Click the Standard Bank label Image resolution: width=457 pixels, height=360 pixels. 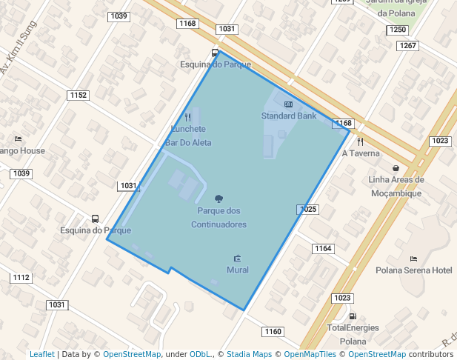click(289, 116)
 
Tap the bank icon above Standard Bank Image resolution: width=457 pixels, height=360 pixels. click(288, 104)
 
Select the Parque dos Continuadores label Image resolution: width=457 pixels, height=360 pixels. click(219, 218)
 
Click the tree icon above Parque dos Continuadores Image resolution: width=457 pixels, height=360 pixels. click(219, 199)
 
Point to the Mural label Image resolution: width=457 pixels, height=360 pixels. click(237, 270)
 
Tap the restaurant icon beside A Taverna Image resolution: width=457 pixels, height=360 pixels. click(360, 141)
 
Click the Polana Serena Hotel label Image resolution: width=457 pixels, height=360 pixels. click(413, 271)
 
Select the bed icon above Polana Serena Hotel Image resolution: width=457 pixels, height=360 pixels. click(413, 259)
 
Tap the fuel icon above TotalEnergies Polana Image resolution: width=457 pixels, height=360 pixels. click(353, 316)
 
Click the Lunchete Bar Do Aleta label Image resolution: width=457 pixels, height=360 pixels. click(187, 136)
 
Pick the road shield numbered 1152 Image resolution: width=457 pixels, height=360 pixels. click(78, 95)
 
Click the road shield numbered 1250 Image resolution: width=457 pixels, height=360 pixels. click(398, 30)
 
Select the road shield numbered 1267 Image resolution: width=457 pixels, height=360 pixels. click(407, 46)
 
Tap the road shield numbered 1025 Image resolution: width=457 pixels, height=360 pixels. click(308, 210)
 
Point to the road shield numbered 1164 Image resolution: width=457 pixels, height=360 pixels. click(323, 248)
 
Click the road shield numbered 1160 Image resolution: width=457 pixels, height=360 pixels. click(273, 332)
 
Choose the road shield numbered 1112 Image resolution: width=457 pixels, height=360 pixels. click(21, 278)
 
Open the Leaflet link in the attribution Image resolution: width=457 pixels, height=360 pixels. click(41, 355)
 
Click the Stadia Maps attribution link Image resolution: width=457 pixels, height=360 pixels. click(249, 355)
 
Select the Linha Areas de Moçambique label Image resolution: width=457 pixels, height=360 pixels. click(396, 187)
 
